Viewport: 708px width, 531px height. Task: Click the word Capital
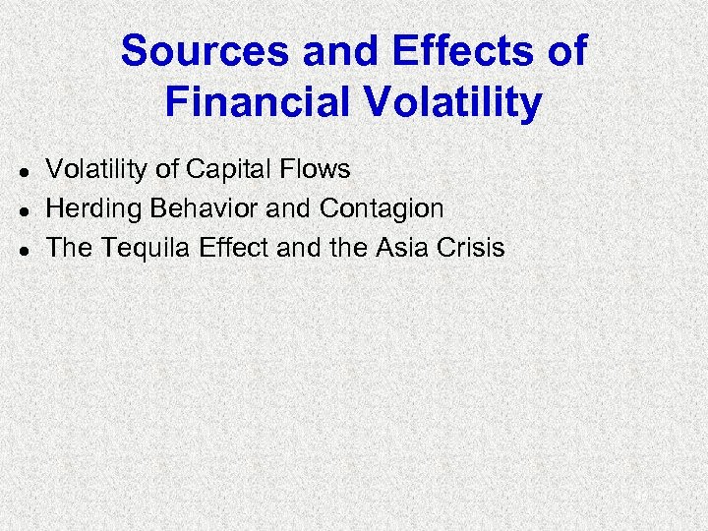coord(230,169)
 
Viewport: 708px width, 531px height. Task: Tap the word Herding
coord(93,208)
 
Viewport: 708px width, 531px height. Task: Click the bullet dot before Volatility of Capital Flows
coord(21,171)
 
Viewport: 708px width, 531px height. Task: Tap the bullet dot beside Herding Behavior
coord(21,210)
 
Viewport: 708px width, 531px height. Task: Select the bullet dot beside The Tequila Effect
coord(21,250)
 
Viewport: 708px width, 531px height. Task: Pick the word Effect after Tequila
coord(234,248)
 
